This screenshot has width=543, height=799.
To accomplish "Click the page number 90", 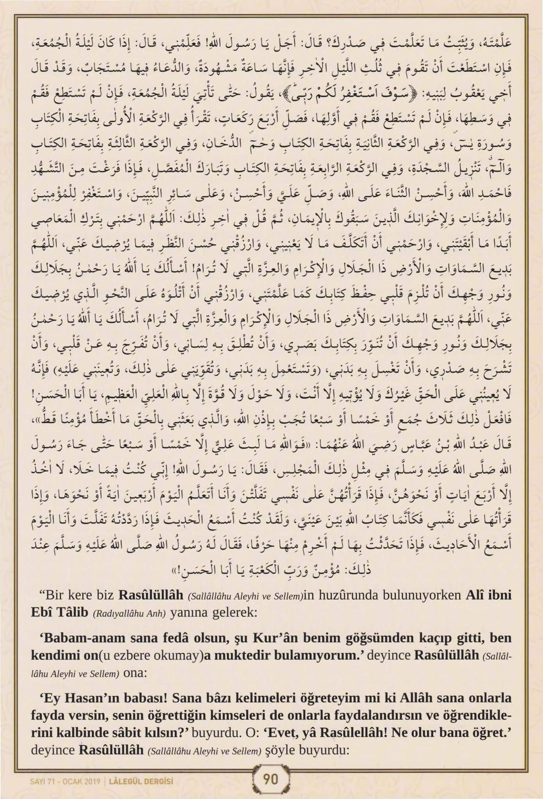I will click(x=271, y=779).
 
